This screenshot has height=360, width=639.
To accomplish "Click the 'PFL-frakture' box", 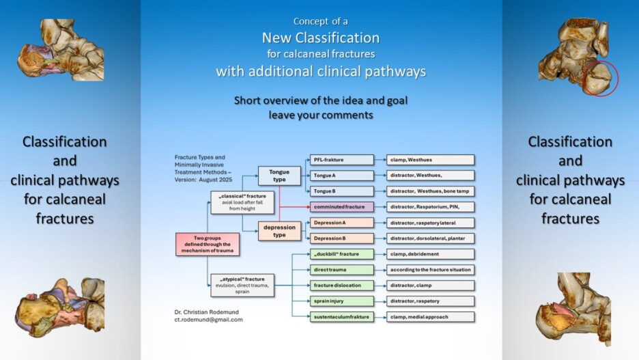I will click(341, 160).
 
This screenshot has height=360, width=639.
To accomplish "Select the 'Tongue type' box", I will click(279, 176).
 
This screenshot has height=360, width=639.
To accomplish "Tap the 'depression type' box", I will click(279, 231).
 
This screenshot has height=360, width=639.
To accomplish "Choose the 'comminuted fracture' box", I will click(341, 206).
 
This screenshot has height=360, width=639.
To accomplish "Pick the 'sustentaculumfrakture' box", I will click(341, 317).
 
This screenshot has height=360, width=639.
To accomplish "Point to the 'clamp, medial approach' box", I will click(429, 317).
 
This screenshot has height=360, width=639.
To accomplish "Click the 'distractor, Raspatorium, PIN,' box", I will click(429, 206).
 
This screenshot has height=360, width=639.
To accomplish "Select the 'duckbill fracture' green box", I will click(341, 254).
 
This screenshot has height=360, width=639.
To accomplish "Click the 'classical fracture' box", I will click(242, 202).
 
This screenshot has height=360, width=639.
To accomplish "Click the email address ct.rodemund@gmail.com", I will click(208, 319).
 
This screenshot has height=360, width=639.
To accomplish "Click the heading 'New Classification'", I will click(321, 38).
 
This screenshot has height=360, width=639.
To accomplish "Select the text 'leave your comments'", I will click(321, 115).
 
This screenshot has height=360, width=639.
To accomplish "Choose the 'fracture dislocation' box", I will click(341, 286).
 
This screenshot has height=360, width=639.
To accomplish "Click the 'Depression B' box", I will click(341, 238).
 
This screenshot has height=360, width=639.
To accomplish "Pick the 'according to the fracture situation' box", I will click(429, 270).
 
